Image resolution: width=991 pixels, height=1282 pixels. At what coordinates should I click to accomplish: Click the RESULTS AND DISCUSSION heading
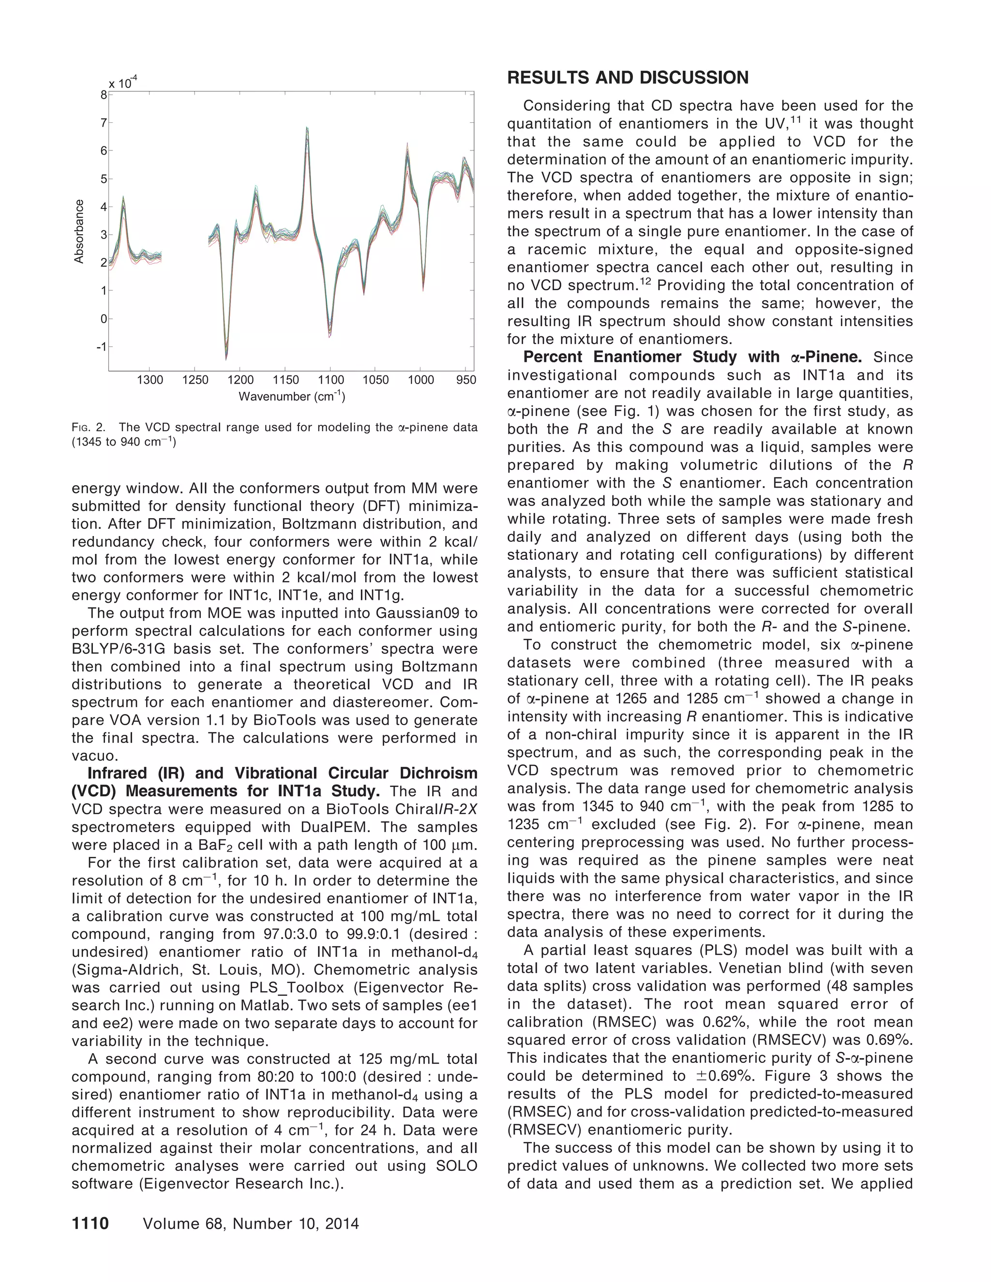628,77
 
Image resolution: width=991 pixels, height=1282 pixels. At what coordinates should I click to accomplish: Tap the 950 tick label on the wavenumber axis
466,380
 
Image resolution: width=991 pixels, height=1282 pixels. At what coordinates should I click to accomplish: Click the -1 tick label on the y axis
102,347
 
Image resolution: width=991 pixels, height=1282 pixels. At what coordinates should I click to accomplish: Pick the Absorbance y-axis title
79,231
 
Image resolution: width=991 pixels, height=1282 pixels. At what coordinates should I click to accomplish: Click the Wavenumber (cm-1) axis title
292,397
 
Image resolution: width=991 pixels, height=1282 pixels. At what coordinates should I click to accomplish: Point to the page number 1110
90,1223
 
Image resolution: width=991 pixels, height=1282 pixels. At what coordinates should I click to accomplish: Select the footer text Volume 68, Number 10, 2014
251,1223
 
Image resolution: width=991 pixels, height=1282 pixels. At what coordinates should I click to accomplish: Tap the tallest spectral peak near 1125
306,128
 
